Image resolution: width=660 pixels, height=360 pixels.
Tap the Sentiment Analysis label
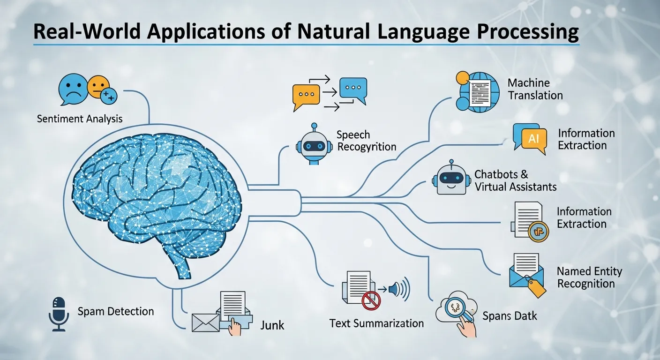click(x=80, y=119)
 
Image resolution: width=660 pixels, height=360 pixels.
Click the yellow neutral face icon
click(x=98, y=87)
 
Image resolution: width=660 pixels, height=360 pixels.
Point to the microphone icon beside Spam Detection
click(x=59, y=314)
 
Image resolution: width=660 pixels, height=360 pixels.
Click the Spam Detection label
click(x=115, y=311)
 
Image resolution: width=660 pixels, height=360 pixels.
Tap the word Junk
click(x=272, y=324)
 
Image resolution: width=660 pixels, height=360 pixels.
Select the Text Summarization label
click(x=376, y=323)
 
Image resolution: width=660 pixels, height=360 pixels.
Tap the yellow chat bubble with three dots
click(x=306, y=95)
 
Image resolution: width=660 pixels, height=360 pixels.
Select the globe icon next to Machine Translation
click(x=475, y=91)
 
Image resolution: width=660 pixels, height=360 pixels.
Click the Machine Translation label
click(x=535, y=89)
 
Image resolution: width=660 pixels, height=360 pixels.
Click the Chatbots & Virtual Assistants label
click(x=515, y=180)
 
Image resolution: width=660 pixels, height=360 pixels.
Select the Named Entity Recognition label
click(x=589, y=277)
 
